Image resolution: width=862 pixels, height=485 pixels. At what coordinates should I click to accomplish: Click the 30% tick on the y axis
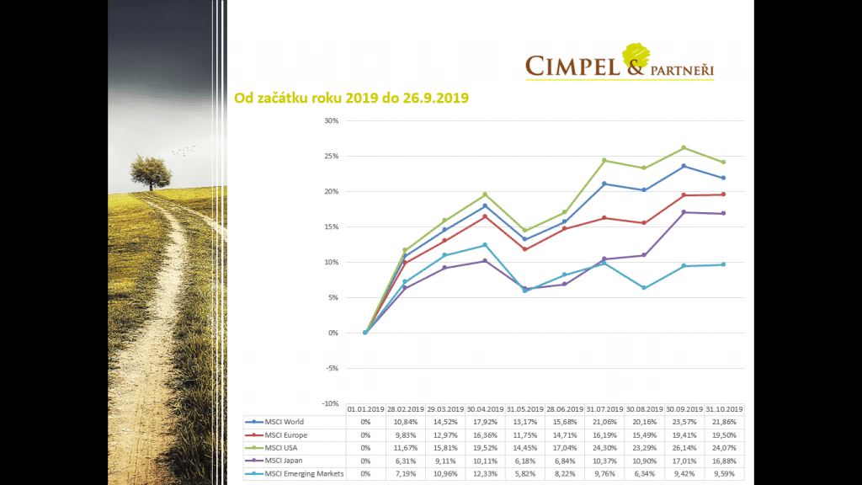click(331, 120)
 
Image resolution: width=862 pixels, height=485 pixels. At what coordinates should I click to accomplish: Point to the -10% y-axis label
click(329, 403)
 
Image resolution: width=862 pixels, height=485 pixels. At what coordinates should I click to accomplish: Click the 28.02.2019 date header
click(405, 408)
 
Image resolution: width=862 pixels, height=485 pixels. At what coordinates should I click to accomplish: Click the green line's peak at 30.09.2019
click(684, 147)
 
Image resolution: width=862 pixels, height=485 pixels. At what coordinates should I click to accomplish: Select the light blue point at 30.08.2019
click(643, 288)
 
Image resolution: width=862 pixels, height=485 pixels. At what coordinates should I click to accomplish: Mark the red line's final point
click(724, 195)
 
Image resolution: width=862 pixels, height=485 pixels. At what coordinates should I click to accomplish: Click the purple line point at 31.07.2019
click(604, 259)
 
